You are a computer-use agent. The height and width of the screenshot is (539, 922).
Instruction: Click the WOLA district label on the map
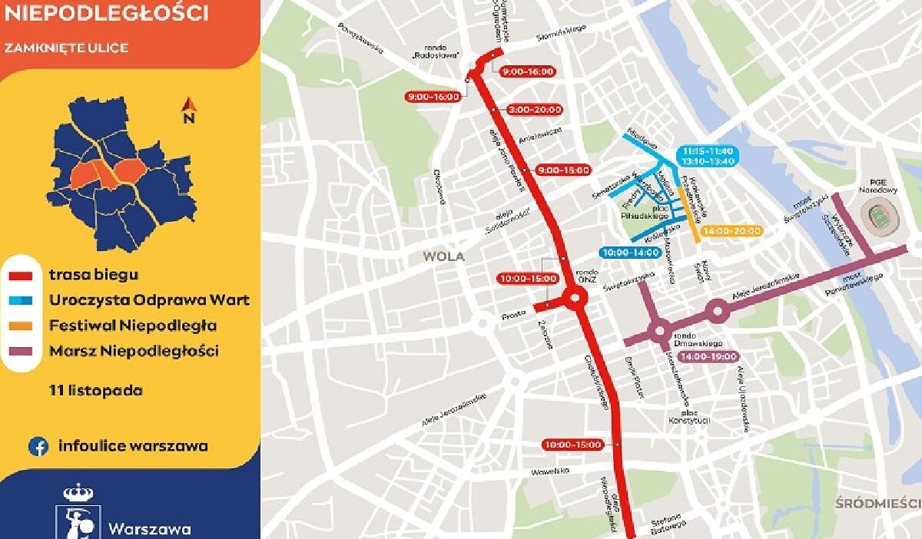(444, 257)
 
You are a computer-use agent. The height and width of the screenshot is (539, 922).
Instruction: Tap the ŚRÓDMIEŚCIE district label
(878, 504)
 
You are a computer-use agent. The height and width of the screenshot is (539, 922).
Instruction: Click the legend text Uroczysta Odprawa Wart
(149, 300)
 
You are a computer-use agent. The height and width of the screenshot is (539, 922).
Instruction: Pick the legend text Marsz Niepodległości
(134, 351)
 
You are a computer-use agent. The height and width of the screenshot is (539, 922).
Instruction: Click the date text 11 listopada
(95, 390)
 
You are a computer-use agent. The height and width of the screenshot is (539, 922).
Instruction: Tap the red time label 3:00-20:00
(535, 110)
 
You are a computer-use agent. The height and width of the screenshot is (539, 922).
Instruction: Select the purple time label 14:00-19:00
(708, 356)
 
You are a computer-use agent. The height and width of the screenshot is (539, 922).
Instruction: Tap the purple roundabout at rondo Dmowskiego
(658, 332)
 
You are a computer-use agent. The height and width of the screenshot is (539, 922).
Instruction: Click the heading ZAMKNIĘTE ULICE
(66, 48)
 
